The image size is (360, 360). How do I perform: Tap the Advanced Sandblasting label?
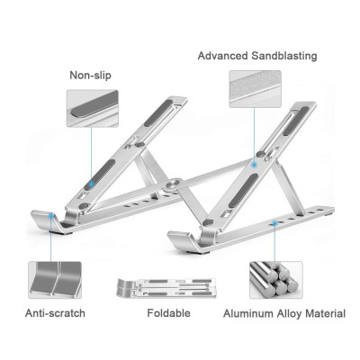[x=257, y=56]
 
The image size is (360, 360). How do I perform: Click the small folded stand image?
[x=166, y=288]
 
